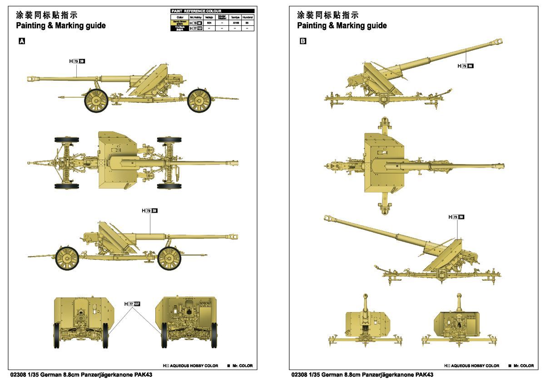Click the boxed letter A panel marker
21,41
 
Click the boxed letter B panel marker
303,41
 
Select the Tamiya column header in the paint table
235,17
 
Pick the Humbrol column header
248,17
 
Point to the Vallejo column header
209,17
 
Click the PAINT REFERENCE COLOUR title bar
212,11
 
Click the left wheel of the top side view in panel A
96,100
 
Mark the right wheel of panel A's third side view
169,258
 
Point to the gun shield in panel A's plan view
117,161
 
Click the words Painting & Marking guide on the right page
342,26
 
